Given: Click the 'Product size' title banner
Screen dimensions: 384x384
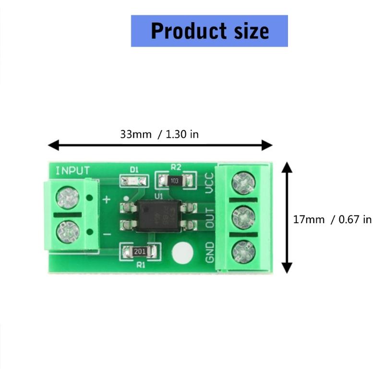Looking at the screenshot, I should (x=209, y=31).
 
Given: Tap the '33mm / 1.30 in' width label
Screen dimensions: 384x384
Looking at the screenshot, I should (x=159, y=134).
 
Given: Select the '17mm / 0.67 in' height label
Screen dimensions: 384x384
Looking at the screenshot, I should (x=332, y=219).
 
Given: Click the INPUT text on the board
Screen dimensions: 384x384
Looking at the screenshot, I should (x=72, y=170).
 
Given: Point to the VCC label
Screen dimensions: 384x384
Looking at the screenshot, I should (x=209, y=183).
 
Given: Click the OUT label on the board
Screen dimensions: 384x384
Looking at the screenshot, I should (x=209, y=218).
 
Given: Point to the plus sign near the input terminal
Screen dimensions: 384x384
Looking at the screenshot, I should (x=107, y=199).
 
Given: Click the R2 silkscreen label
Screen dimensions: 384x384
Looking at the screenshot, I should (x=176, y=168).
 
